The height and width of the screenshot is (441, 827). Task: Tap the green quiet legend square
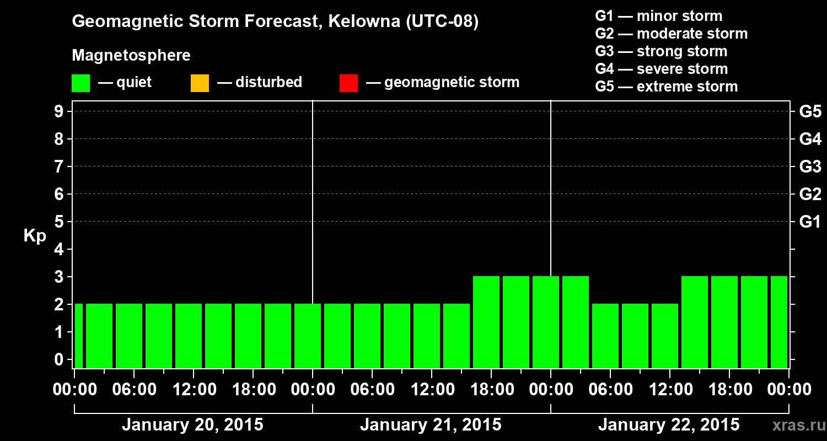[80, 83]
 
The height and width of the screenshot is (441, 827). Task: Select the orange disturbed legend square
[200, 83]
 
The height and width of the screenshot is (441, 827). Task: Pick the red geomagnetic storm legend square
[348, 83]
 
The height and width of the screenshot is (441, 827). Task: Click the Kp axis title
[35, 236]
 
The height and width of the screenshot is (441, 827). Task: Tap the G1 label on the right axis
[810, 222]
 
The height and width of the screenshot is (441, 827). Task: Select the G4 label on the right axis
[810, 139]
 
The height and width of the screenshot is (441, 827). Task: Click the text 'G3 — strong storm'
[661, 51]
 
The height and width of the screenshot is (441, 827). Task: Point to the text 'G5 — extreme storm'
[666, 87]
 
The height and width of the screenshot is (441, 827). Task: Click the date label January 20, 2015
[192, 425]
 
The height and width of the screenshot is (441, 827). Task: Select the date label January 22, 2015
[669, 425]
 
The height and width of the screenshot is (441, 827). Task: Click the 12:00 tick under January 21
[432, 390]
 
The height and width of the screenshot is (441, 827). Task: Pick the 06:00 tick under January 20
[133, 390]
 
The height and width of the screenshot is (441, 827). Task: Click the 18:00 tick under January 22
[729, 390]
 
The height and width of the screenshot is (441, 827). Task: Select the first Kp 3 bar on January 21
[486, 322]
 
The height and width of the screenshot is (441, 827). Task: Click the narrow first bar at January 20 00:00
[78, 336]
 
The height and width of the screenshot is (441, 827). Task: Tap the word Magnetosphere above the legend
[131, 56]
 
